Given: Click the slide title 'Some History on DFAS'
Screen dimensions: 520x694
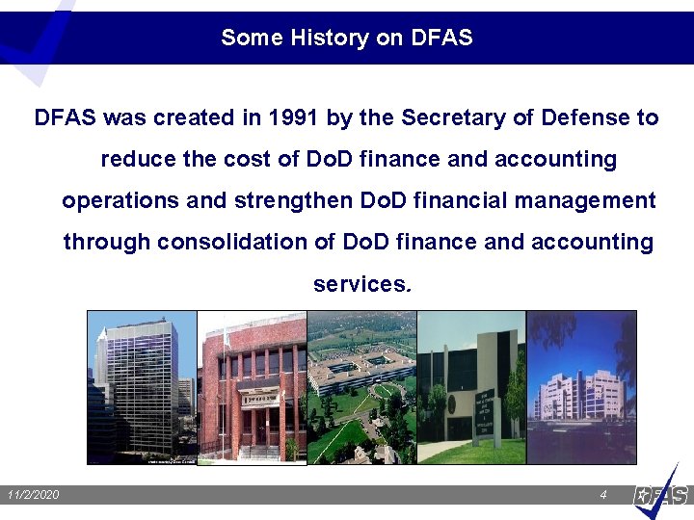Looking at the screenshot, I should tap(347, 38).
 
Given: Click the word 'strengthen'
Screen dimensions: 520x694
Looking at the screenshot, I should tap(294, 201).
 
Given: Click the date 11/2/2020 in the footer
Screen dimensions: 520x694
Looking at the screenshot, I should tap(33, 495).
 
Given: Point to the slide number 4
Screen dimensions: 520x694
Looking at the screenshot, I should tap(602, 495).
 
